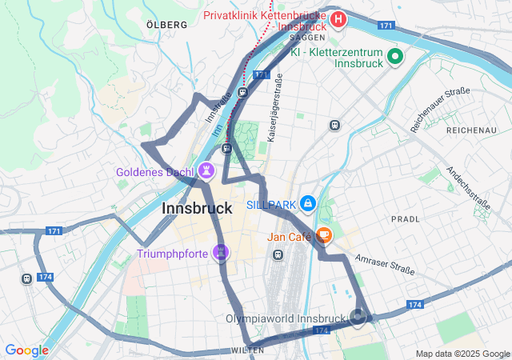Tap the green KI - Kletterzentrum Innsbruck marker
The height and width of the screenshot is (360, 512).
(x=394, y=57)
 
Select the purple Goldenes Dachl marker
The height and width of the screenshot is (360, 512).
(x=206, y=170)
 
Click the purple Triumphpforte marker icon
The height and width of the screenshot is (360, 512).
(x=222, y=254)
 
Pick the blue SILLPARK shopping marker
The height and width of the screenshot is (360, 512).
(x=308, y=205)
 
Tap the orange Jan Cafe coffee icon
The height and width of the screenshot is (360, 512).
(x=323, y=235)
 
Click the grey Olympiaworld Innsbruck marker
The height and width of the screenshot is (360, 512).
(x=358, y=318)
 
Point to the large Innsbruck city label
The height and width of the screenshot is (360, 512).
(x=197, y=209)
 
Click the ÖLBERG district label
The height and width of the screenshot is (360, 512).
(x=167, y=25)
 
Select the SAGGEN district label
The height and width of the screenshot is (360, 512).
(x=306, y=37)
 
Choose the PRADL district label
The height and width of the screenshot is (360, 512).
(x=406, y=218)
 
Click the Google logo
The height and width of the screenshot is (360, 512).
(x=26, y=350)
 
